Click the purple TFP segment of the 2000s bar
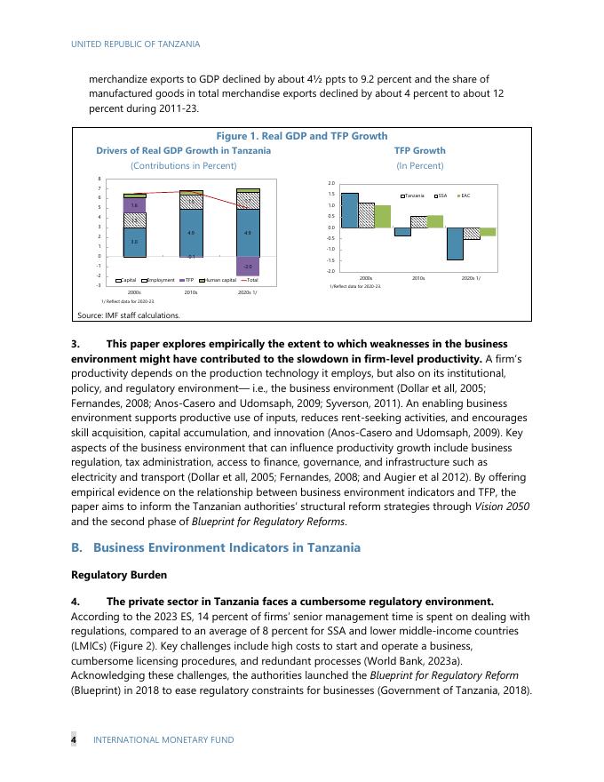(134, 205)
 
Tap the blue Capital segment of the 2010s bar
(191, 233)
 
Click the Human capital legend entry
(216, 280)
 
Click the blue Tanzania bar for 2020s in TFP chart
(455, 243)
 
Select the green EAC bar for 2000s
(383, 216)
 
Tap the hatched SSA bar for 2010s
(419, 221)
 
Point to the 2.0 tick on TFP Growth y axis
(331, 184)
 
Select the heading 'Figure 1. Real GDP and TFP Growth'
(302, 136)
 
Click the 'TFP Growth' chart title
(419, 151)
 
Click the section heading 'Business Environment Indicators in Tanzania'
(226, 547)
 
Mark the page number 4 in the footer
(74, 739)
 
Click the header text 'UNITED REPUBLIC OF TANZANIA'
(135, 44)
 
